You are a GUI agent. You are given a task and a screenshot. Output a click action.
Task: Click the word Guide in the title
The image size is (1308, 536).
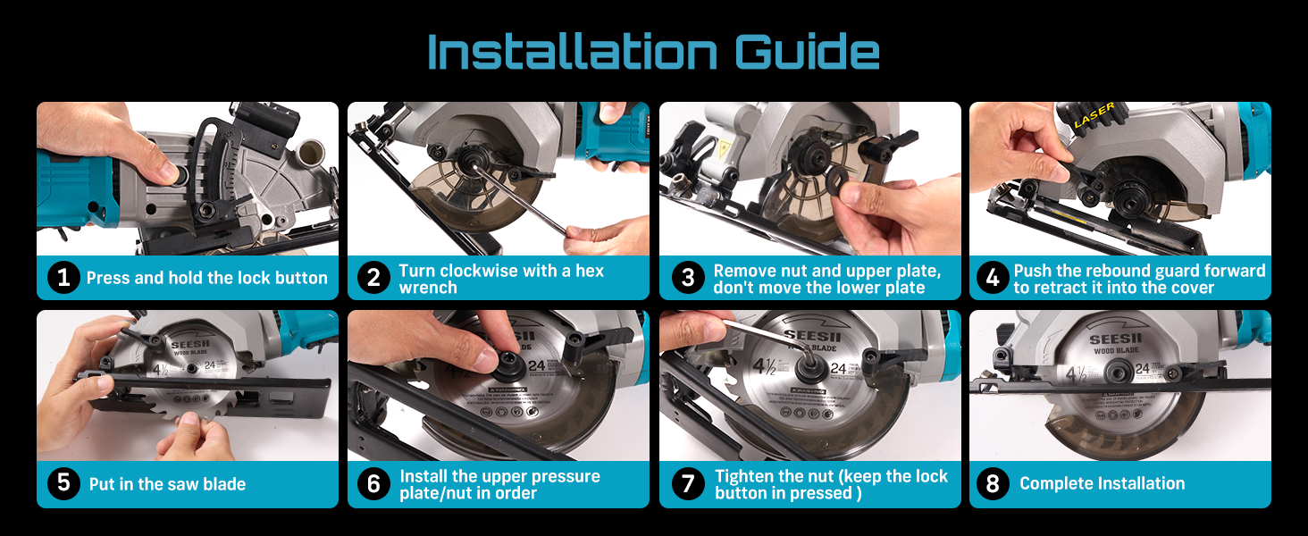coord(807,53)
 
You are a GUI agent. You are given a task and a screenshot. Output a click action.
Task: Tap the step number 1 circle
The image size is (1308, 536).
coord(63,278)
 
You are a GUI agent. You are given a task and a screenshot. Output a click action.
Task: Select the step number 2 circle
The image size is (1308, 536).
coord(374,278)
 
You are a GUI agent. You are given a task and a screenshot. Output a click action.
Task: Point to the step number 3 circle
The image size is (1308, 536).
coord(687,278)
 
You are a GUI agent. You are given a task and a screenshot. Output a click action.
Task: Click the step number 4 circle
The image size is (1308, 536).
coord(993,278)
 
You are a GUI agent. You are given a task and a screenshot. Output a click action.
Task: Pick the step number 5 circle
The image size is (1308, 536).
coord(63,483)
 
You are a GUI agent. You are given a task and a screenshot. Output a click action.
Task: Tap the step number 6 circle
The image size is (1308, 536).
coord(374,483)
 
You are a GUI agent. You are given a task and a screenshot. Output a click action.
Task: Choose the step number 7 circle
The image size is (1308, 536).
coord(687,483)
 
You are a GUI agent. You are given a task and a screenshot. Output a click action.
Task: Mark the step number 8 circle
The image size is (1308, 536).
coord(993,483)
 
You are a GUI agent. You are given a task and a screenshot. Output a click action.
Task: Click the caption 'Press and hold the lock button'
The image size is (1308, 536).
coord(206,278)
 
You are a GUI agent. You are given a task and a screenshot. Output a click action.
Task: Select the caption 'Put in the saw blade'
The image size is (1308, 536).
coord(167,484)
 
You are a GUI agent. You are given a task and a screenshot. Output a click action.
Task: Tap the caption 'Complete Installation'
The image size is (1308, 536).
coord(1102,483)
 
